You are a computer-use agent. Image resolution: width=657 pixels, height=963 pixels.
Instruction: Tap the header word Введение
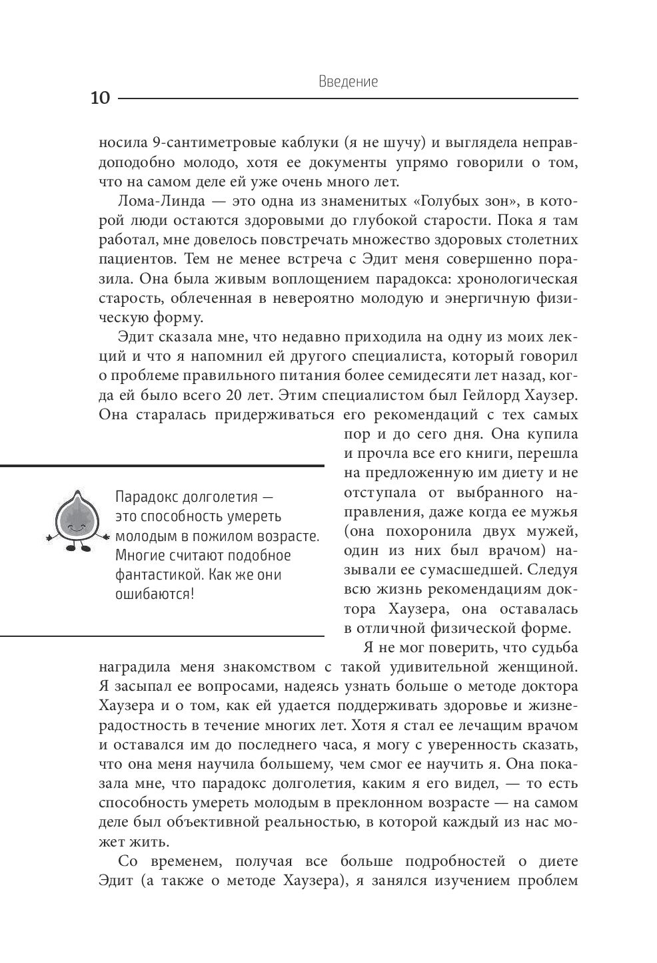point(348,82)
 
